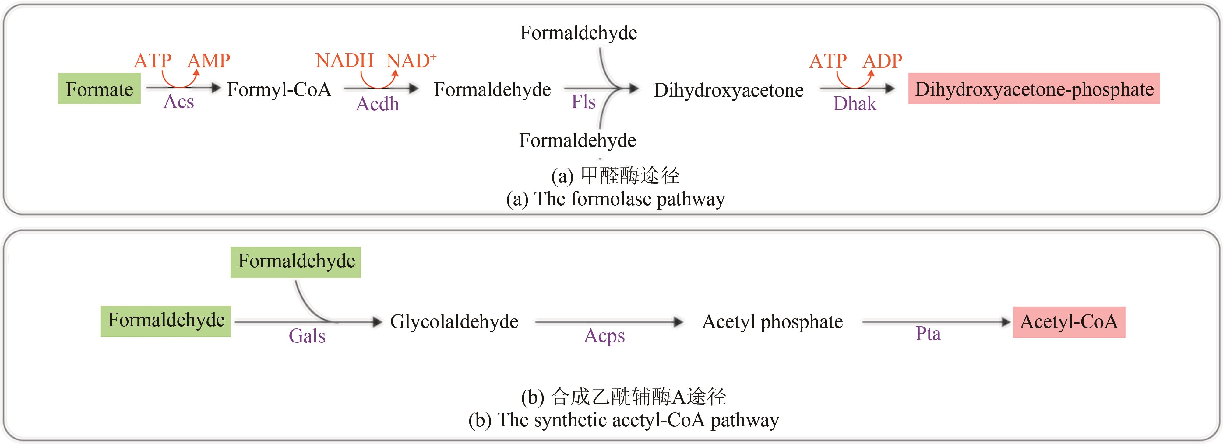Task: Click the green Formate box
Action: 99,89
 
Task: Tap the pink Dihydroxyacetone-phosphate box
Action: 1034,89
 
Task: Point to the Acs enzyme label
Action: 178,102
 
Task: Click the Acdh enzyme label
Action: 377,104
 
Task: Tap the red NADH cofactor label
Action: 344,61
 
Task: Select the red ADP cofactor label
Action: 882,61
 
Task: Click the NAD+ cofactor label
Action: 411,61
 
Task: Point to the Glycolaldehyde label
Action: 454,322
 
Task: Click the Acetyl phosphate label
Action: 773,322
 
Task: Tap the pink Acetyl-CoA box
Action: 1069,322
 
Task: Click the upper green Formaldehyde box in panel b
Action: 296,261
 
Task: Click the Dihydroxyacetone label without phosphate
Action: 728,90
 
